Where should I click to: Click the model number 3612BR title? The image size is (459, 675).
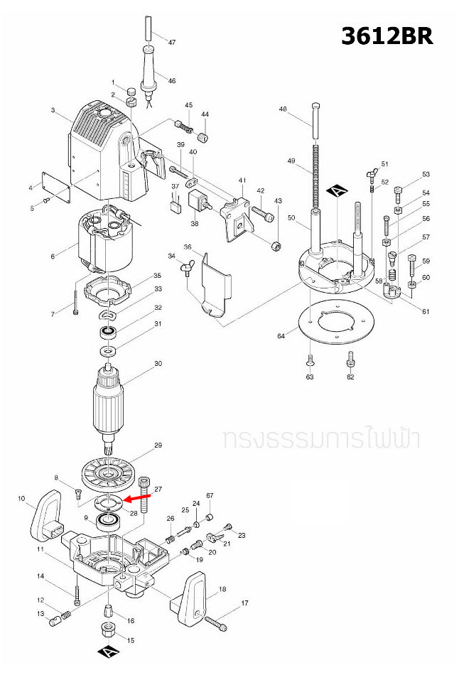(387, 36)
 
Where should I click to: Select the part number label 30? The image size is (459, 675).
(158, 364)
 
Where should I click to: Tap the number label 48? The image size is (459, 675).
(283, 109)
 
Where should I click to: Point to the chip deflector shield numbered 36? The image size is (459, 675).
(215, 284)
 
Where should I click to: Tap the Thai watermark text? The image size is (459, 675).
(320, 438)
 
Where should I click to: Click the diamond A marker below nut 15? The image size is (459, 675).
(105, 653)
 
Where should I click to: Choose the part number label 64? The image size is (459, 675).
(281, 335)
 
